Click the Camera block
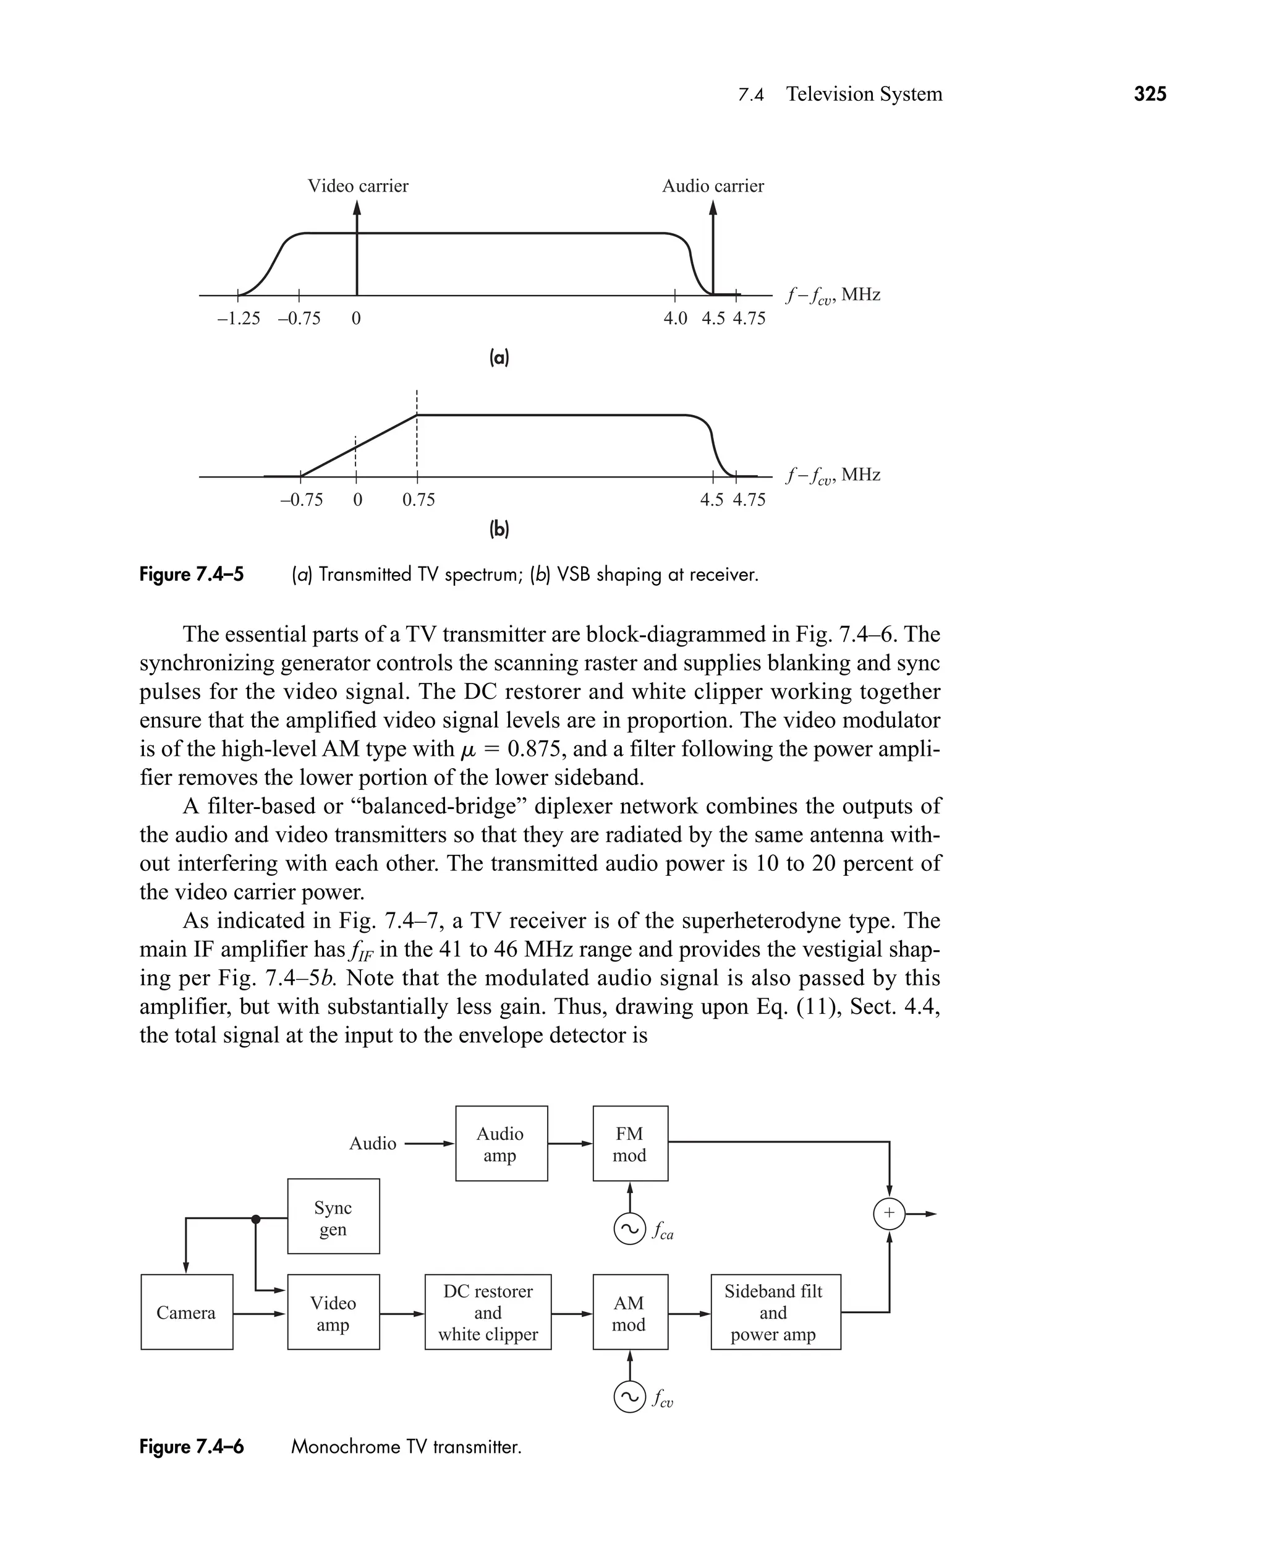coord(187,1313)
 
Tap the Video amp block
coord(333,1313)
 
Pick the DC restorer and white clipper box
coord(488,1313)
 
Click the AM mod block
coord(630,1313)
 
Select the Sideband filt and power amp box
coord(775,1313)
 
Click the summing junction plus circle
coord(889,1214)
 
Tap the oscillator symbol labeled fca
coord(629,1228)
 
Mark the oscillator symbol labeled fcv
coord(629,1397)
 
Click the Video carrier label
coord(358,186)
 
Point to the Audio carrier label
coord(713,186)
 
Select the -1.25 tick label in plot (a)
coord(239,319)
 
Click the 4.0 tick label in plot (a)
coord(675,319)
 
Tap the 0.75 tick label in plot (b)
coord(418,500)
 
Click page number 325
coord(1150,94)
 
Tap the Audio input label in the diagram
coord(373,1143)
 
